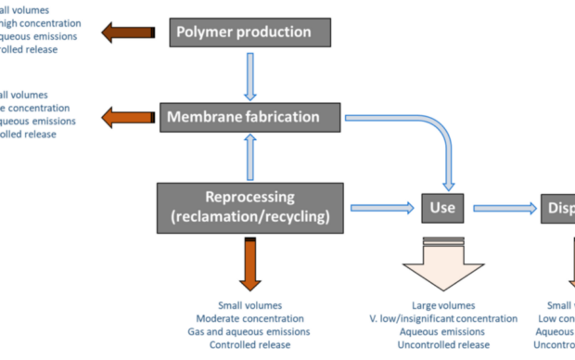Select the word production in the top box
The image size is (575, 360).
(271, 32)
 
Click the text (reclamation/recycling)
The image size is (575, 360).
(249, 216)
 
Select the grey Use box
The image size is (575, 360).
(442, 207)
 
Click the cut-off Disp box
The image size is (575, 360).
(558, 207)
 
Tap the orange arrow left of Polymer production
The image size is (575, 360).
(127, 33)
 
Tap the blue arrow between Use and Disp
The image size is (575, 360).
(506, 207)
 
